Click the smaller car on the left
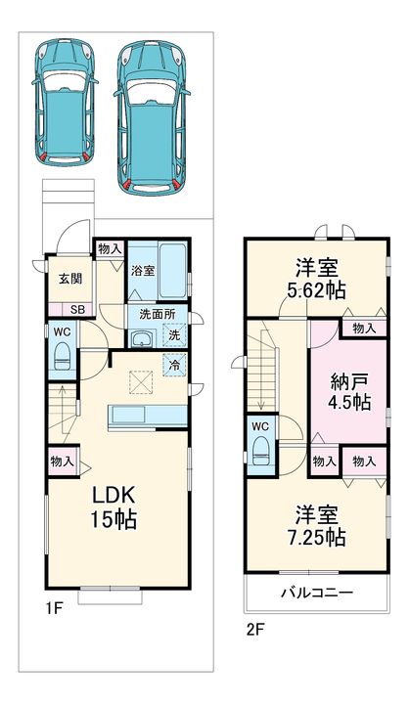tap(65, 103)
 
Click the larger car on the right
tap(152, 118)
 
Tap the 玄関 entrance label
tap(71, 279)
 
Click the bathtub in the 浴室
tap(172, 271)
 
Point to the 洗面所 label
tap(157, 314)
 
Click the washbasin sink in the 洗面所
tap(143, 339)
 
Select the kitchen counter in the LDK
tap(148, 416)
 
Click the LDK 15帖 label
tap(114, 507)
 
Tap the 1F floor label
tap(55, 609)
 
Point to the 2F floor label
tap(254, 630)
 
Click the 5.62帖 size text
tap(316, 291)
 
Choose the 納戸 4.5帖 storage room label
tap(350, 391)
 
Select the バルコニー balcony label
tap(317, 593)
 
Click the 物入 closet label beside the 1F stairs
tap(62, 462)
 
